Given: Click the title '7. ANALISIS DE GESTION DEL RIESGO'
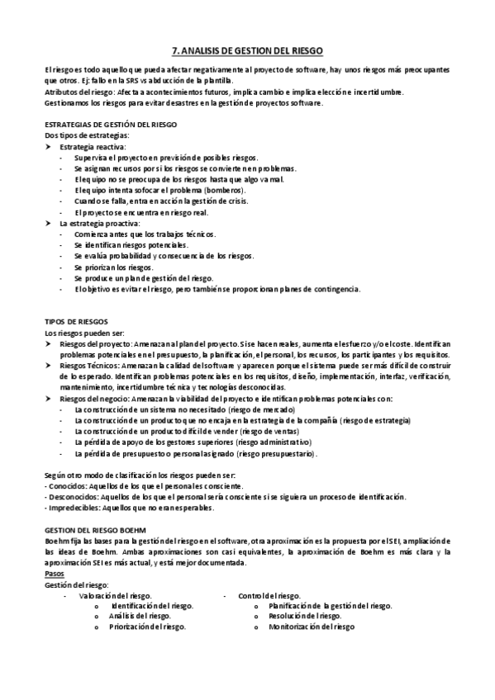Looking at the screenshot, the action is point(247,50).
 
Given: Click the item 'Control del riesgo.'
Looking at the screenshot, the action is point(269,594).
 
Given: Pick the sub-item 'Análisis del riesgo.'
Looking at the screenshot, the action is point(140,616).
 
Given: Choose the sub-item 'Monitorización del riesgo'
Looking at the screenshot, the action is point(311,627).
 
